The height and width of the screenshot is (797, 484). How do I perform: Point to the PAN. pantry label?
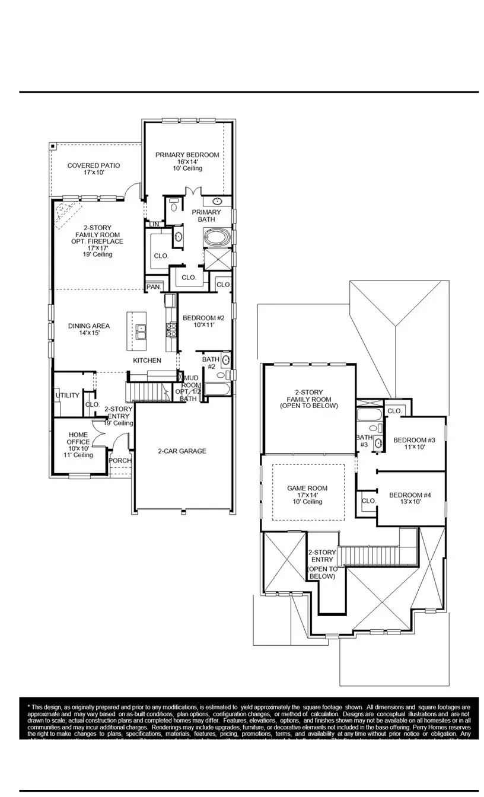click(x=154, y=287)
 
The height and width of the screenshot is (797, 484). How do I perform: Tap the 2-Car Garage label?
click(x=182, y=451)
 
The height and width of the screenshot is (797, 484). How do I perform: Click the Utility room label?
click(x=67, y=396)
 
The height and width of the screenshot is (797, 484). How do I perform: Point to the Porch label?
click(x=121, y=460)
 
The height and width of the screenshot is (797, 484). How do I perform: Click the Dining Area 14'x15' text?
click(x=89, y=330)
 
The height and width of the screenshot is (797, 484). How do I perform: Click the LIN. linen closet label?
click(x=154, y=224)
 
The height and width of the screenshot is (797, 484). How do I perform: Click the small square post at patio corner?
click(x=53, y=145)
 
